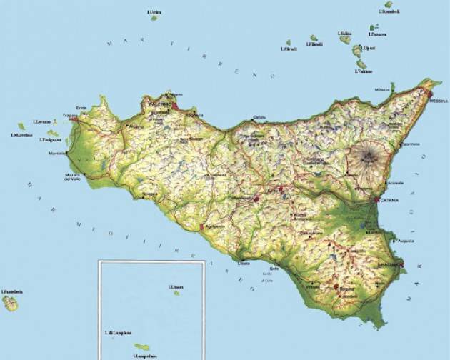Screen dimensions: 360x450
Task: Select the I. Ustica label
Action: tap(153, 12)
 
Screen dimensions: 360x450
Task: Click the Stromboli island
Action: tap(389, 4)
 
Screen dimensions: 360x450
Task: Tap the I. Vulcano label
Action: tap(364, 71)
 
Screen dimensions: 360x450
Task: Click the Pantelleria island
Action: tap(10, 304)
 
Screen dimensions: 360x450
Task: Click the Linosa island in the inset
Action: tap(176, 293)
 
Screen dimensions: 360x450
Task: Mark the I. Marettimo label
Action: tap(22, 135)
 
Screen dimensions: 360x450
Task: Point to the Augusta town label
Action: tap(406, 240)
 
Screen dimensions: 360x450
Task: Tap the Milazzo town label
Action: tap(381, 89)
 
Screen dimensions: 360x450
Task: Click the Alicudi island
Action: tap(289, 43)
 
